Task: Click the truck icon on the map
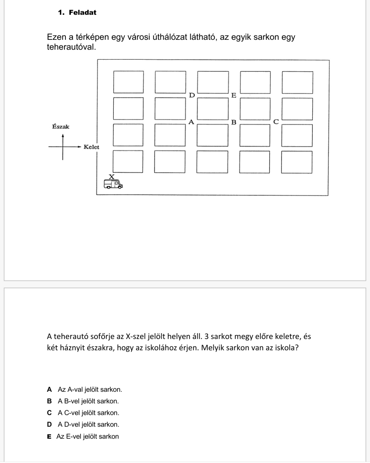(x=113, y=184)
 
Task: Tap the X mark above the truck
(x=112, y=177)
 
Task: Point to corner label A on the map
(x=192, y=122)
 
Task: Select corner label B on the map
(x=234, y=122)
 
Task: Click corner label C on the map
(x=276, y=122)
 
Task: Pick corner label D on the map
(x=192, y=95)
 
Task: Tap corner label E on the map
(x=234, y=95)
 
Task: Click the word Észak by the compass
(x=61, y=126)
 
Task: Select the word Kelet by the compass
(x=91, y=147)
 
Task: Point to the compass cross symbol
(x=63, y=147)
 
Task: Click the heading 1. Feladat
(x=77, y=12)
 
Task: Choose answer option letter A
(x=50, y=389)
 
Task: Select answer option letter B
(x=49, y=401)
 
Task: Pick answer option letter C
(x=50, y=413)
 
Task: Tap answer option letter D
(x=50, y=424)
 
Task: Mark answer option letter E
(x=49, y=436)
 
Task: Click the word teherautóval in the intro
(x=71, y=47)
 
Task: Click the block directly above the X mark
(x=128, y=161)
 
